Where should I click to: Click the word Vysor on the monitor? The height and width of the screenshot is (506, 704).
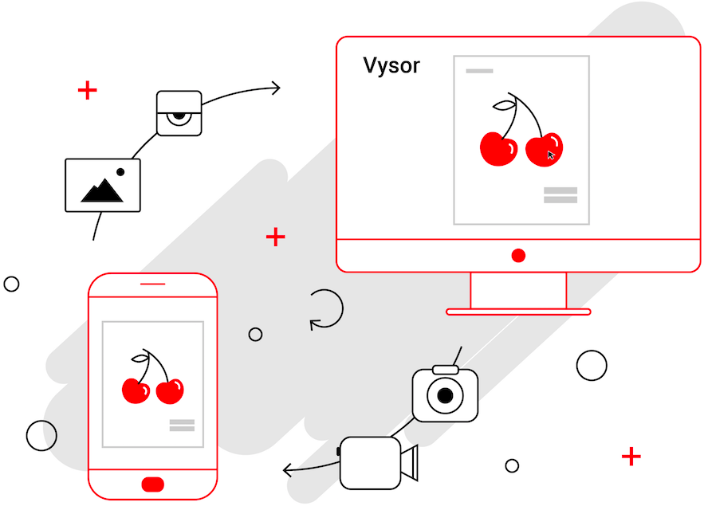pos(391,65)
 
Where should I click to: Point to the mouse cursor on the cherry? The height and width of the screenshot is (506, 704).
pos(551,155)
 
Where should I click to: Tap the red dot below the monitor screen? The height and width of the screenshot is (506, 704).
pos(518,256)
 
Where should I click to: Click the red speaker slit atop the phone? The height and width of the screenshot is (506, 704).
pos(152,284)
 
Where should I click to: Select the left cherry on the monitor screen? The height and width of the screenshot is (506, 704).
pos(498,149)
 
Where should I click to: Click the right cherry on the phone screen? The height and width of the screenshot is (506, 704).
pos(170,390)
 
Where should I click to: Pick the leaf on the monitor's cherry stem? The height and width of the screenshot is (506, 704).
pos(503,104)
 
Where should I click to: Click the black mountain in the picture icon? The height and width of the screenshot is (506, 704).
pos(101,191)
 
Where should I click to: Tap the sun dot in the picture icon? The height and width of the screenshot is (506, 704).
pos(120,171)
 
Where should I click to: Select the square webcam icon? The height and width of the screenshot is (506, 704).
pos(179,113)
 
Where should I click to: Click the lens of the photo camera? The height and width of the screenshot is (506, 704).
pos(445,396)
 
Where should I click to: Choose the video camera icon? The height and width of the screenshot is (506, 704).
pos(377,462)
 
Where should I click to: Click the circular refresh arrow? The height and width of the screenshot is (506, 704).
pos(326,308)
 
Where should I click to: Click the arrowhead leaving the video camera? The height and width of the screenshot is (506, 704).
pos(289,470)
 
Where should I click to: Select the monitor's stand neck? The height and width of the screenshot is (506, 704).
pos(518,290)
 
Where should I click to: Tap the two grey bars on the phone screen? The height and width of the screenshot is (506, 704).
pos(182,426)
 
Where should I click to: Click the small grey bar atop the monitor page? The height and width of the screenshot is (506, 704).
pos(479,71)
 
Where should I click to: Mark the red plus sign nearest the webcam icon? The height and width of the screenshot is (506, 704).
pos(87,90)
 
